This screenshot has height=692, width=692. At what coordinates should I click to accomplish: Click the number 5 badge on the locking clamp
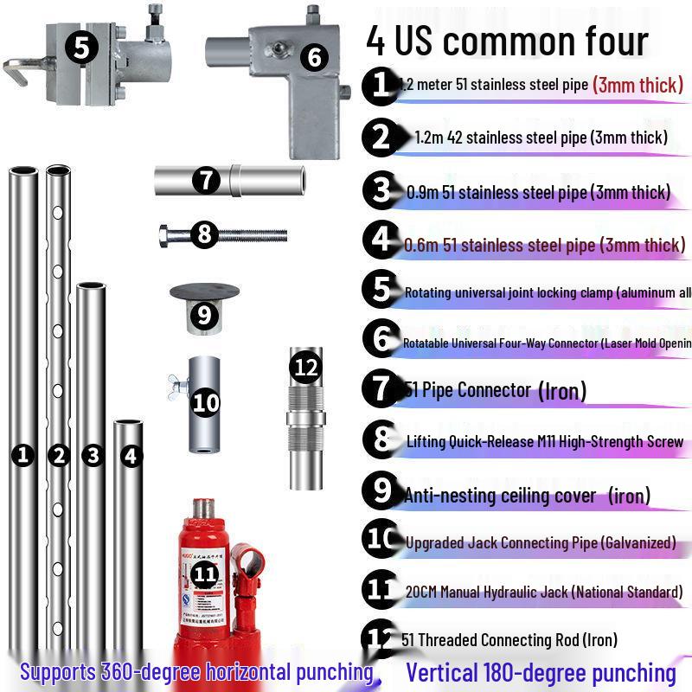(80, 48)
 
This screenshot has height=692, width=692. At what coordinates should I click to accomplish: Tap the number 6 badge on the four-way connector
(313, 58)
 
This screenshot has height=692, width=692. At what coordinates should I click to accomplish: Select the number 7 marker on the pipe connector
(205, 181)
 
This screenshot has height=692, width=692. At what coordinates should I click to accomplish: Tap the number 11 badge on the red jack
(204, 573)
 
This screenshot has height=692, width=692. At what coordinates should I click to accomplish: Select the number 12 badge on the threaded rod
(306, 368)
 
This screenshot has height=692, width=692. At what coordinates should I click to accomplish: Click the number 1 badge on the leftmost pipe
(23, 454)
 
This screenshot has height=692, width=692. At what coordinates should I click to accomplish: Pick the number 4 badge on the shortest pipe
(131, 455)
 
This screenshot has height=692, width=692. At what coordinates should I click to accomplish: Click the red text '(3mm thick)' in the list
(638, 85)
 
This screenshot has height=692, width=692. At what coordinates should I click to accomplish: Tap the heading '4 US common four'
(507, 41)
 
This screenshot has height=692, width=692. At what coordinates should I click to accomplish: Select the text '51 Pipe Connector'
(468, 390)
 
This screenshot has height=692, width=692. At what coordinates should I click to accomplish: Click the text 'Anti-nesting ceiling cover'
(500, 496)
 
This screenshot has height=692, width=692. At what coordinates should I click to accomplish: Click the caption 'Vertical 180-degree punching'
(541, 673)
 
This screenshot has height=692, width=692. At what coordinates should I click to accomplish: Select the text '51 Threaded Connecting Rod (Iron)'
(509, 640)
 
